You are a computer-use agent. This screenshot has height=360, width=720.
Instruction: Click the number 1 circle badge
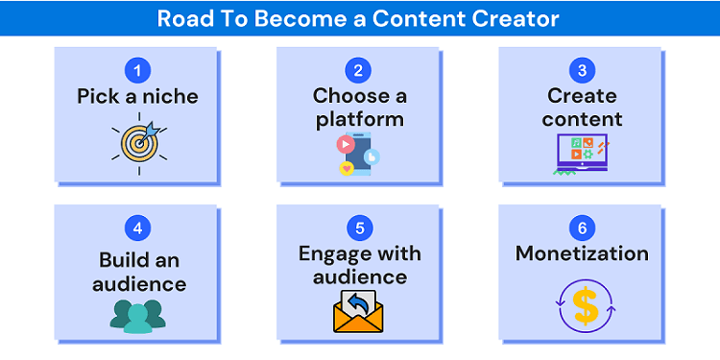click(x=138, y=70)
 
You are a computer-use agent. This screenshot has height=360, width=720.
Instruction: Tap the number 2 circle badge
click(x=359, y=70)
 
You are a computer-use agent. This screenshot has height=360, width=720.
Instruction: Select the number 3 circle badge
click(x=582, y=70)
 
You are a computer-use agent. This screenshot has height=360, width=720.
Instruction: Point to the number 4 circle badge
click(x=138, y=228)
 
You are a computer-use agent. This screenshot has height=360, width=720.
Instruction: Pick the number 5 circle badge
click(x=359, y=228)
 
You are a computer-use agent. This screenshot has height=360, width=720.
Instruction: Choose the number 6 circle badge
click(x=582, y=228)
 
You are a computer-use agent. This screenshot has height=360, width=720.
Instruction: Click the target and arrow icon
click(x=140, y=141)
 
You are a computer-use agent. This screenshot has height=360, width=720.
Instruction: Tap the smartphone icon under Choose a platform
click(x=358, y=154)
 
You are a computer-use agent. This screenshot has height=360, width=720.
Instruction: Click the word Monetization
click(x=582, y=254)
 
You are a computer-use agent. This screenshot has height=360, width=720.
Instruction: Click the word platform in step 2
click(x=359, y=120)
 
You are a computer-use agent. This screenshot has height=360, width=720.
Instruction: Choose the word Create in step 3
click(x=582, y=96)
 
